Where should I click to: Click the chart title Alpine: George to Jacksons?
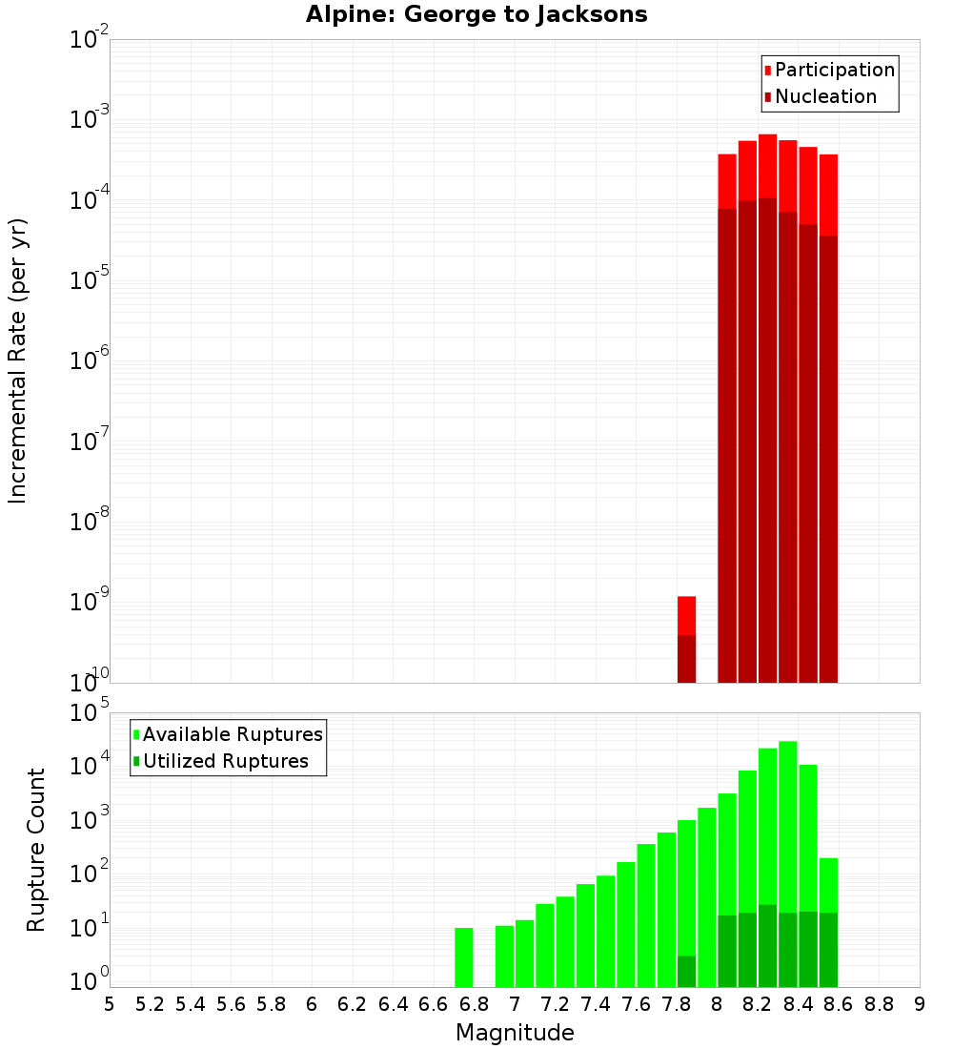point(476,14)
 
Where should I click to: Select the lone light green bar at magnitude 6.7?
point(464,957)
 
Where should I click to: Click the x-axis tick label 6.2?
point(352,1004)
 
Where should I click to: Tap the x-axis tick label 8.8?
point(879,1004)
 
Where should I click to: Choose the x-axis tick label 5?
point(109,1004)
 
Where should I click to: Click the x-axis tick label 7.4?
point(595,1004)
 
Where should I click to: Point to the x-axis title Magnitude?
point(515,1033)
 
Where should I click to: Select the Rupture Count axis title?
point(36,850)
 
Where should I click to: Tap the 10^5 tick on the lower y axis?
point(91,713)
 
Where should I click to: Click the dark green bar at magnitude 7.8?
point(686,971)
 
